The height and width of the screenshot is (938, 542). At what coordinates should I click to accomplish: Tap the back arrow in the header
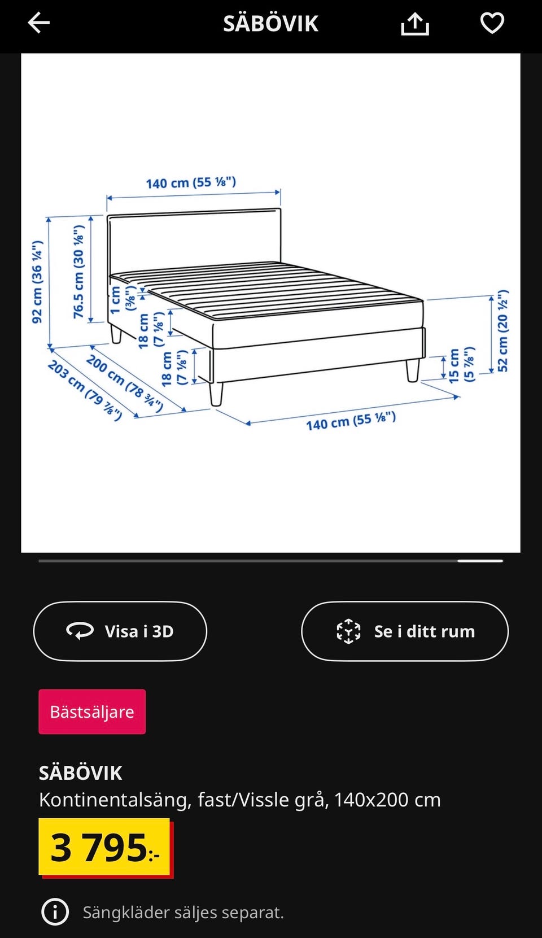click(39, 23)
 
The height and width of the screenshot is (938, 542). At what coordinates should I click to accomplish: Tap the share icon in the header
click(415, 24)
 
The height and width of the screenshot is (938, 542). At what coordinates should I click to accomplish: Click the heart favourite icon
click(492, 23)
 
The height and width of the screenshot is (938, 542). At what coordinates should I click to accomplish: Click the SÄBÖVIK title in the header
click(270, 24)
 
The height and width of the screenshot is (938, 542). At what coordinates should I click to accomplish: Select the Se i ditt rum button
click(405, 631)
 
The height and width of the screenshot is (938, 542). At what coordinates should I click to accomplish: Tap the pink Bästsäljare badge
click(92, 712)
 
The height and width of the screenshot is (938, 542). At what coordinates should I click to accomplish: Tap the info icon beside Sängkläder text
click(55, 912)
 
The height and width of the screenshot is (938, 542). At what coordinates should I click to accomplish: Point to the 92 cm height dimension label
click(37, 282)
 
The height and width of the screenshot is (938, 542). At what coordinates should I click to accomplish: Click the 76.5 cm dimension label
click(78, 272)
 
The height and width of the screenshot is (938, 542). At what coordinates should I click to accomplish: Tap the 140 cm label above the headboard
click(191, 183)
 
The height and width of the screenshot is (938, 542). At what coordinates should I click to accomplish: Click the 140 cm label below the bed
click(351, 421)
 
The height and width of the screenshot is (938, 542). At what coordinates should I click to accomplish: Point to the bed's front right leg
click(413, 370)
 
